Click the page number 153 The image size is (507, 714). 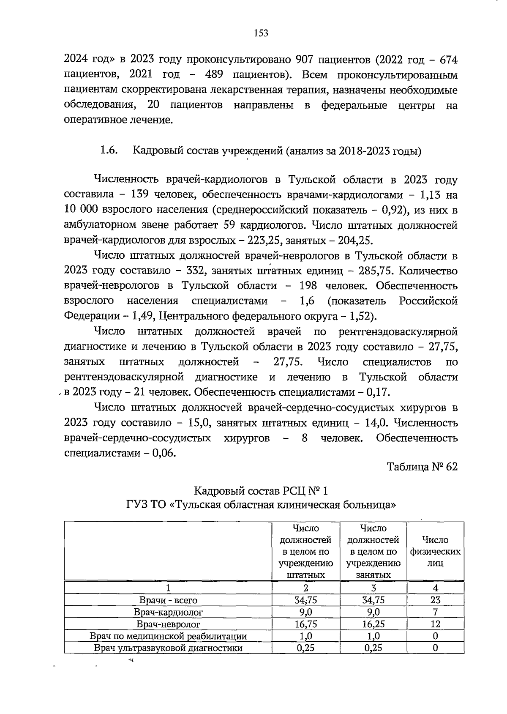point(261,33)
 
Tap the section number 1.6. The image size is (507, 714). point(108,151)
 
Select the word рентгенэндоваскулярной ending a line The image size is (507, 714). point(398,331)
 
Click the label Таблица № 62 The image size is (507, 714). point(422,467)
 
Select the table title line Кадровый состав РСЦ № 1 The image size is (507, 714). point(261,491)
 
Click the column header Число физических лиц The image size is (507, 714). point(435,551)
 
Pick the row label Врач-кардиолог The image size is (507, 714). point(168,612)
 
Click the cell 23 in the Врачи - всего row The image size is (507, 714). point(435,600)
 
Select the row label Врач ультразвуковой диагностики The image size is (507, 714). point(168,648)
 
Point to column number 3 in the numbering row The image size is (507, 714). point(373,588)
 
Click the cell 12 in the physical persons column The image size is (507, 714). point(435,624)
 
